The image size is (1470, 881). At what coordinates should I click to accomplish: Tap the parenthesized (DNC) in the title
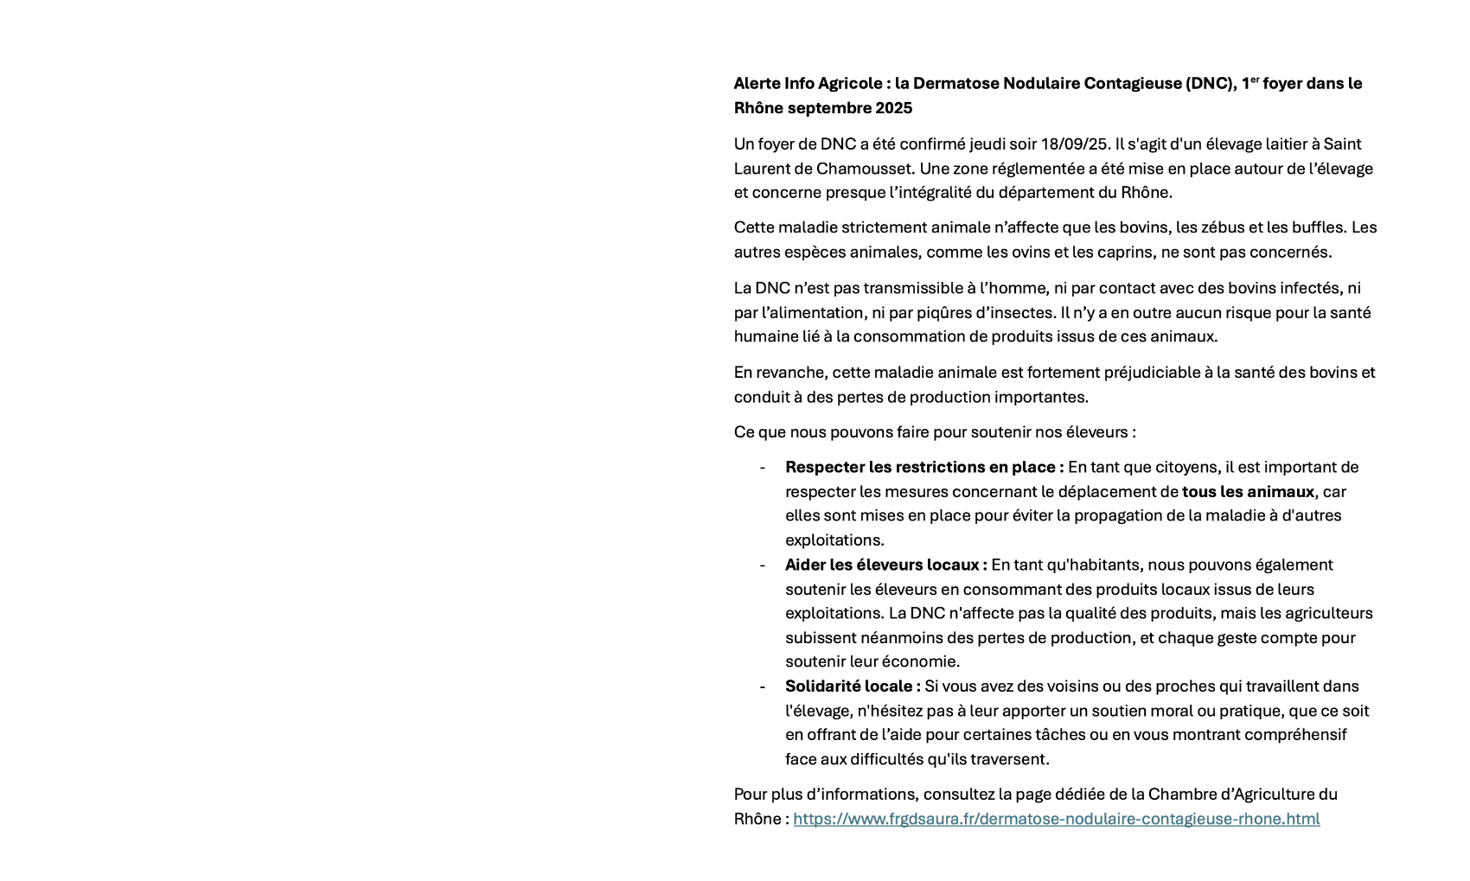[x=1209, y=84]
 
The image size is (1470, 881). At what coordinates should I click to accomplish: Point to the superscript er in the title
[x=1255, y=80]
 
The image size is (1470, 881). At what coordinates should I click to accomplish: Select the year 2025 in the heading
[x=893, y=108]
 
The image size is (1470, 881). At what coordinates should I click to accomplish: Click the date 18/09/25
[x=1075, y=144]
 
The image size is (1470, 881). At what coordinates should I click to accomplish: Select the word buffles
[x=1318, y=227]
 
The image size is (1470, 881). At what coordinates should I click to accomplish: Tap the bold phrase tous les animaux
[x=1248, y=492]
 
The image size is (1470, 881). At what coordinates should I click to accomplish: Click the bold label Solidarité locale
[x=851, y=686]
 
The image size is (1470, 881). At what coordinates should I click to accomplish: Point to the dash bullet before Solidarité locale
[x=762, y=686]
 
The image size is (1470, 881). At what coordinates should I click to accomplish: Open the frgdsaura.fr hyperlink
[x=1056, y=819]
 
